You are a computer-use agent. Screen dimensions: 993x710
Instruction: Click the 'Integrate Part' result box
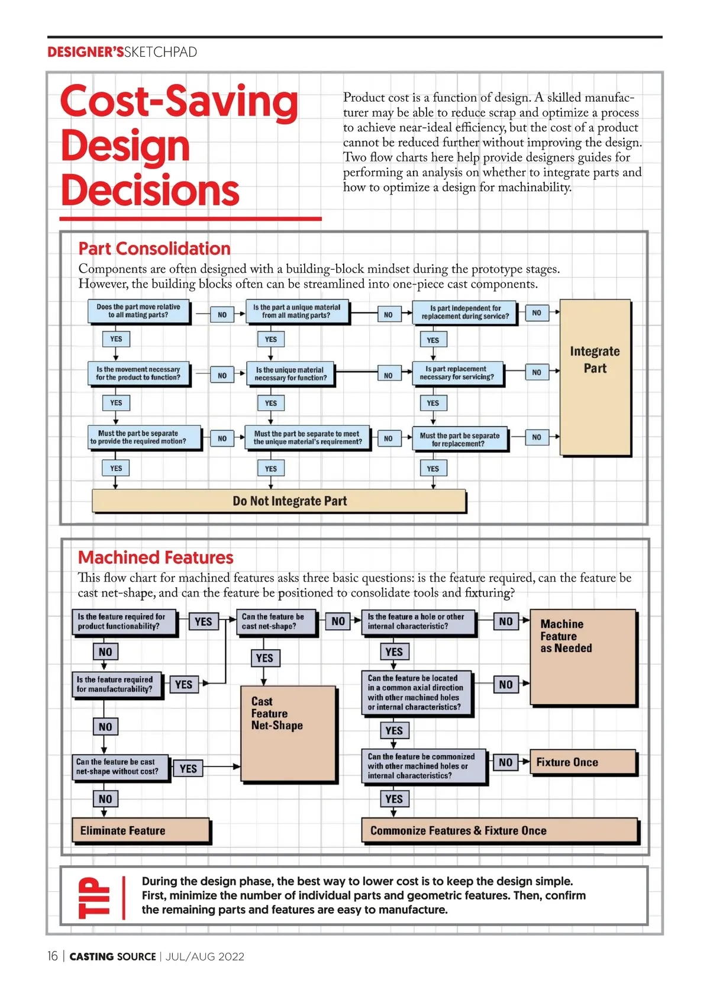tap(595, 378)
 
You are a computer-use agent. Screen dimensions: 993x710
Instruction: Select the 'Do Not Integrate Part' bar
tap(279, 501)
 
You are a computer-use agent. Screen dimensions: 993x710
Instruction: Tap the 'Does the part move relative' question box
tap(138, 311)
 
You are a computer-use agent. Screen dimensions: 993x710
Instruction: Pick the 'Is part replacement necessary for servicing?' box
tap(457, 373)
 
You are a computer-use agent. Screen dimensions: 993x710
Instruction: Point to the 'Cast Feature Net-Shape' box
tap(288, 734)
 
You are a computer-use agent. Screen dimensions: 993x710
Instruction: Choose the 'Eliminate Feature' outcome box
tap(141, 831)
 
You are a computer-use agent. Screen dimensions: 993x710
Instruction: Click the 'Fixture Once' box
tap(583, 762)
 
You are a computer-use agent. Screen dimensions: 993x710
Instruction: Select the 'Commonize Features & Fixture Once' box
tap(499, 831)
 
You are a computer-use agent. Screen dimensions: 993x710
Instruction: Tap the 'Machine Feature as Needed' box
tap(583, 657)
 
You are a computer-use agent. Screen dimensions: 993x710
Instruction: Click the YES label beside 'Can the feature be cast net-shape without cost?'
tap(188, 769)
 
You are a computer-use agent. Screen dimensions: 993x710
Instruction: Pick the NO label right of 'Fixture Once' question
tap(505, 762)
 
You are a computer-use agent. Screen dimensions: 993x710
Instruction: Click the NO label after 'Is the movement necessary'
tap(222, 375)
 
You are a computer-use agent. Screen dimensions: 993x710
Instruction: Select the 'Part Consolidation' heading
tap(154, 249)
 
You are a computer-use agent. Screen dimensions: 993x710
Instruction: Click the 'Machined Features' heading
tap(156, 557)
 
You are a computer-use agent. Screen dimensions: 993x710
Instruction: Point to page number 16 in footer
tap(53, 956)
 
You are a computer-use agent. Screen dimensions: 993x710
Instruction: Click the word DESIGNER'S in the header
tap(85, 52)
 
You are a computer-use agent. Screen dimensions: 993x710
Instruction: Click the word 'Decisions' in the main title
tap(150, 191)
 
